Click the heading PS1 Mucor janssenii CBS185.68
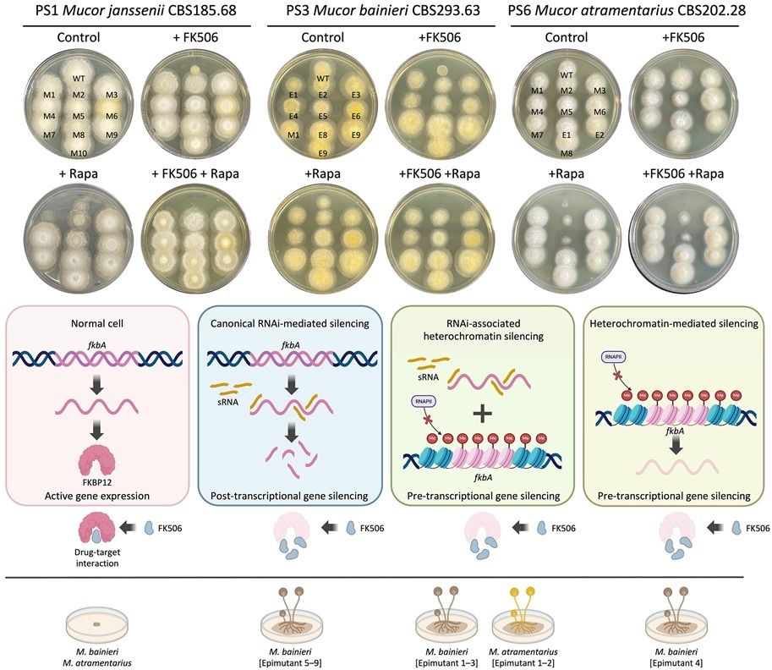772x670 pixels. point(137,11)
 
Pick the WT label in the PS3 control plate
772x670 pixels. point(322,79)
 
